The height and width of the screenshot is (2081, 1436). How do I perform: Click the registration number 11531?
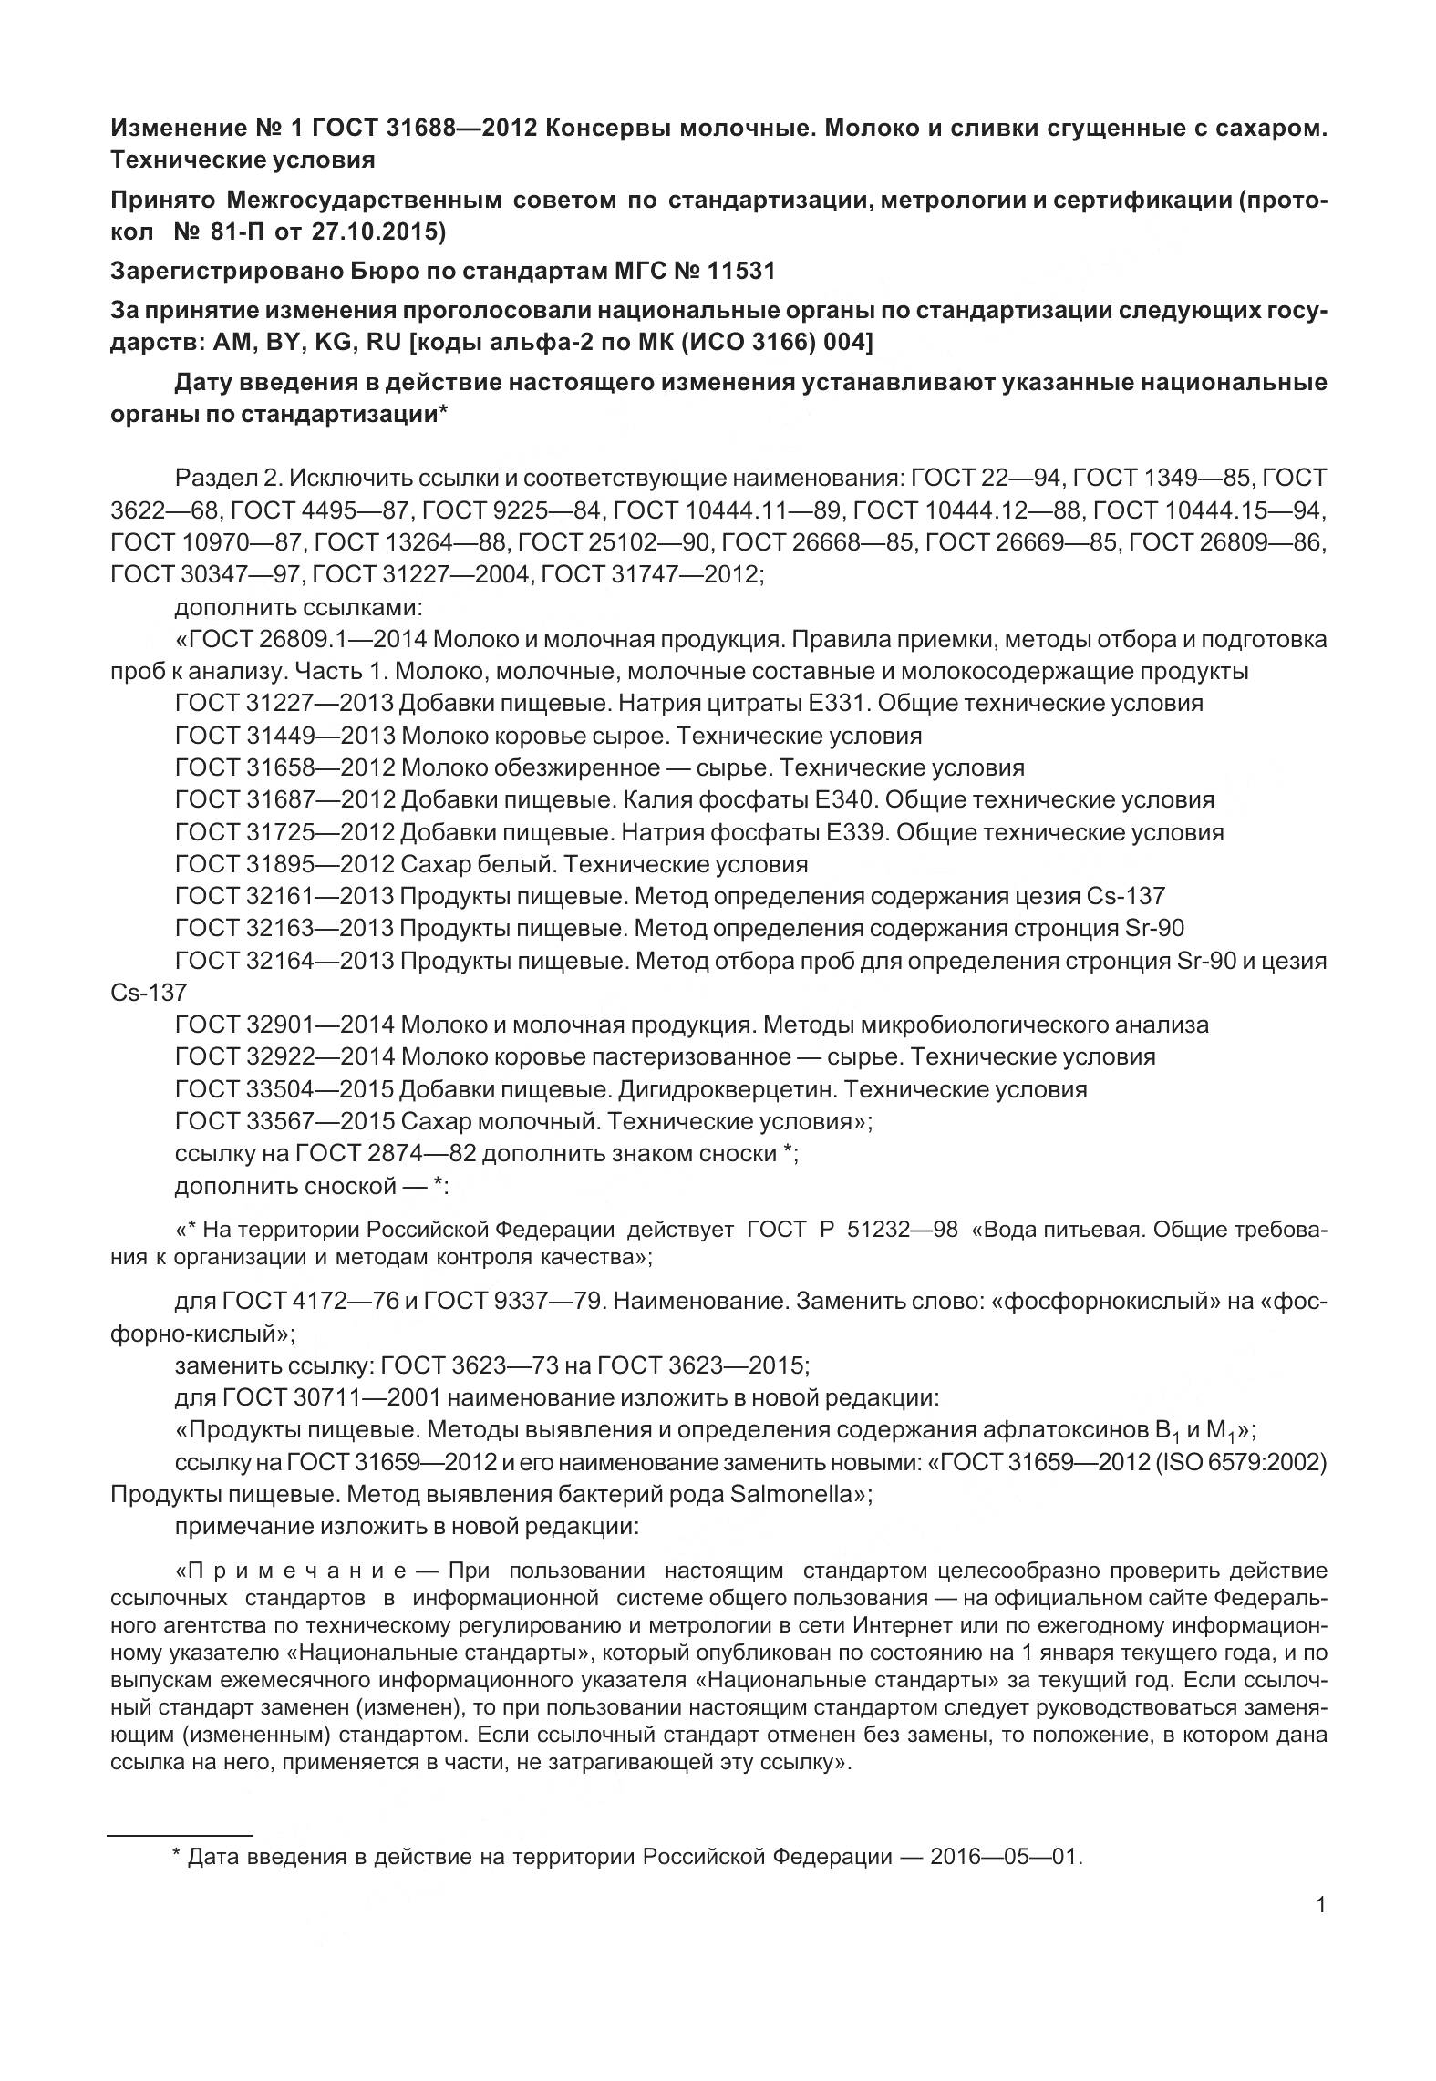tap(740, 271)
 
